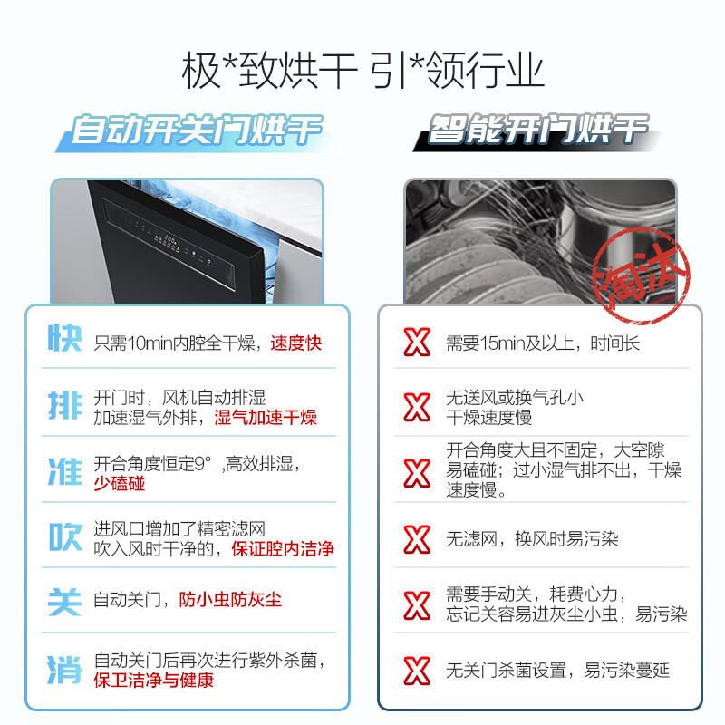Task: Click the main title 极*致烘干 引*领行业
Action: click(362, 72)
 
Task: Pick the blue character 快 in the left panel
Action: click(64, 343)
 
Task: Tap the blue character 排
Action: click(64, 407)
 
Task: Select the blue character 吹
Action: click(64, 538)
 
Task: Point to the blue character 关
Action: click(64, 600)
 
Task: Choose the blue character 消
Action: click(64, 670)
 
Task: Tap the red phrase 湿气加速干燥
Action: click(266, 418)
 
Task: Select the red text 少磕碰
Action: click(119, 484)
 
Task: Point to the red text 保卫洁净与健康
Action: click(153, 681)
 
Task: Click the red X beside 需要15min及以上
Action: click(417, 343)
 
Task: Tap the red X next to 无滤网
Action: click(417, 538)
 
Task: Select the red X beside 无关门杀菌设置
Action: click(417, 671)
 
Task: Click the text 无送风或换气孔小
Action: click(514, 397)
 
